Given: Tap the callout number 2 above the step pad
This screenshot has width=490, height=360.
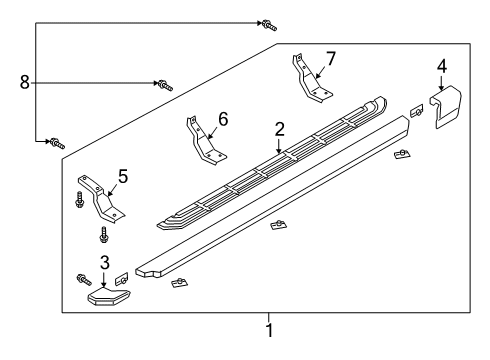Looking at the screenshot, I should [280, 128].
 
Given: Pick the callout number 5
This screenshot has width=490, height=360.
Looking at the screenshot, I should [122, 176].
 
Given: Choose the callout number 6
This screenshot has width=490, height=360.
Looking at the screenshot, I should [222, 119].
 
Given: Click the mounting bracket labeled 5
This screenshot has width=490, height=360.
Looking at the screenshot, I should [100, 199].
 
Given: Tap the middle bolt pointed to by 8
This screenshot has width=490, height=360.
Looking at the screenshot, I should [165, 85].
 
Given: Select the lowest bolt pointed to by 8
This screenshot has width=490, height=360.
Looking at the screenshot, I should [56, 143].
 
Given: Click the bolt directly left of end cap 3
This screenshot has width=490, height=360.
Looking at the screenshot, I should [82, 279].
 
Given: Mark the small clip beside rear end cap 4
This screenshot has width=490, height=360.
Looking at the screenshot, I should [416, 110].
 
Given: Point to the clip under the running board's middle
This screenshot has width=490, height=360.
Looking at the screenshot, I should [277, 224].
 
